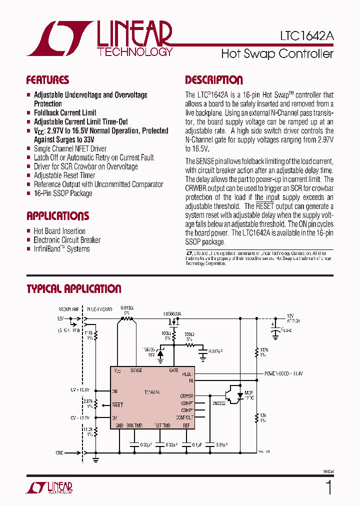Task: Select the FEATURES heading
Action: [47, 80]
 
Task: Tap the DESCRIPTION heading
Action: [214, 80]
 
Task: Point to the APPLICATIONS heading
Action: [57, 216]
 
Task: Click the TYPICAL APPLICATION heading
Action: [73, 289]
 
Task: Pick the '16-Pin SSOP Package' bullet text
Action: [63, 193]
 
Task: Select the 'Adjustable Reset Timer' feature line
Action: [64, 175]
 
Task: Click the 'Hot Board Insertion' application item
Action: [59, 231]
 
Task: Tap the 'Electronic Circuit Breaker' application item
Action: [67, 240]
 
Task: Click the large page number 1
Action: [328, 487]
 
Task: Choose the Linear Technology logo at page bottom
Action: [50, 488]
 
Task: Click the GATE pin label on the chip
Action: [173, 370]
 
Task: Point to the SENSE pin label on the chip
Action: [136, 370]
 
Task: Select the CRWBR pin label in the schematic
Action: [186, 395]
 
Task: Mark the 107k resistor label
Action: [264, 350]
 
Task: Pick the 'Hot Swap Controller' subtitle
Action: [277, 53]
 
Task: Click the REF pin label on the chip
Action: [186, 425]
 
